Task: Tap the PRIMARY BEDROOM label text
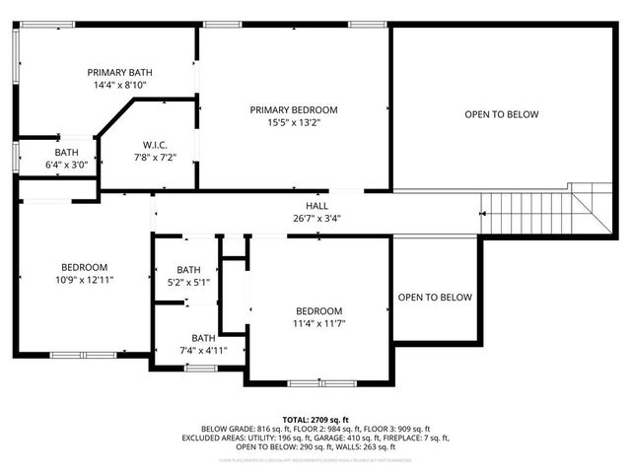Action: [294, 109]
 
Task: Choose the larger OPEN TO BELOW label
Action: [502, 115]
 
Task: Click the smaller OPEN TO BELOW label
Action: [435, 298]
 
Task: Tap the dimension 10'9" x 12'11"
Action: [86, 280]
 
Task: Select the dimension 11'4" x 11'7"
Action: [318, 322]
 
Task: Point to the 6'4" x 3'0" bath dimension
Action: [66, 165]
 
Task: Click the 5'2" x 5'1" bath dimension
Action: [188, 283]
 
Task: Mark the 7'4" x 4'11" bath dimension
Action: [203, 350]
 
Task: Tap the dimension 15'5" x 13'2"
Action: [294, 122]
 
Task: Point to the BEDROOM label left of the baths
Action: [85, 267]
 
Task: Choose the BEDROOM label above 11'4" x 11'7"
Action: [318, 309]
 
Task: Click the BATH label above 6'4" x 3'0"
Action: [66, 152]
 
